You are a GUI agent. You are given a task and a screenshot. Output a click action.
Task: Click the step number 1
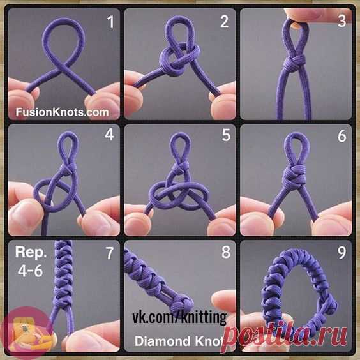click(111, 22)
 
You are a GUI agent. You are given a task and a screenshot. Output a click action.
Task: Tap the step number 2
click(225, 22)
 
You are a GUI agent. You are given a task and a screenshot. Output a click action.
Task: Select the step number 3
click(342, 21)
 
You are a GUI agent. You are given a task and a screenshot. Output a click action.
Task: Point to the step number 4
click(110, 135)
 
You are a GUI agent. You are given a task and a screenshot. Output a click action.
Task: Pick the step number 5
click(226, 135)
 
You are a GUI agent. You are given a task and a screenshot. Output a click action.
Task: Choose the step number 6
click(342, 135)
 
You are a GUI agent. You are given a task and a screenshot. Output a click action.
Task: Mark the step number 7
click(110, 253)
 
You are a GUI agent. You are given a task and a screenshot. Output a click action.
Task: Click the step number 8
click(226, 252)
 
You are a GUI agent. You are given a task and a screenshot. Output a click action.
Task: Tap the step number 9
click(342, 253)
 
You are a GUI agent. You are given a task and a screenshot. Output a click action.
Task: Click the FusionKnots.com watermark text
click(62, 112)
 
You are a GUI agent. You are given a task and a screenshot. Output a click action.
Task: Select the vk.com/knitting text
click(179, 317)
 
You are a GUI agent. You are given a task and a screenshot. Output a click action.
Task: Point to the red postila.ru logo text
click(285, 334)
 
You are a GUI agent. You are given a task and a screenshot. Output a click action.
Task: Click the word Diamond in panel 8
click(162, 341)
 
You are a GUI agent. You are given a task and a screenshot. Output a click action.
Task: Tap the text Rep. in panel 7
click(31, 253)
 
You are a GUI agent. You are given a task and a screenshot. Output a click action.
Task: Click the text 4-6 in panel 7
click(30, 271)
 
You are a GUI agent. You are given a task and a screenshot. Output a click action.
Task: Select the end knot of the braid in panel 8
click(182, 304)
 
